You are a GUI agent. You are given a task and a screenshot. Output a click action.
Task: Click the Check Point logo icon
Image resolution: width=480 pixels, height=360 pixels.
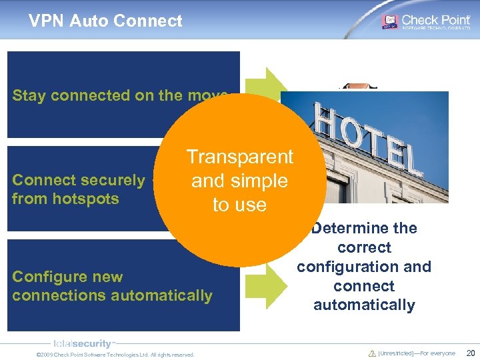click(x=389, y=21)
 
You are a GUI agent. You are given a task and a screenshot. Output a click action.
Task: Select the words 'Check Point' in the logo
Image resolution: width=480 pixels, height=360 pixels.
click(x=436, y=19)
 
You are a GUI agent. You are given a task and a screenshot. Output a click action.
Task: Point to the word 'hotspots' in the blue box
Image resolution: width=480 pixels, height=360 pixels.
click(x=87, y=199)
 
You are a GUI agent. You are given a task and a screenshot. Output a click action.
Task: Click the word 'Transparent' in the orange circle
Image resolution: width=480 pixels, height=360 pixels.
click(x=239, y=157)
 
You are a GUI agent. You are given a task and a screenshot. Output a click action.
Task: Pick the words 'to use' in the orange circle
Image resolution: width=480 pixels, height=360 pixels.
click(x=239, y=205)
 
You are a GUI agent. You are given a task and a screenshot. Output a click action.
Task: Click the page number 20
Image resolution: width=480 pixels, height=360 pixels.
click(x=470, y=353)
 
